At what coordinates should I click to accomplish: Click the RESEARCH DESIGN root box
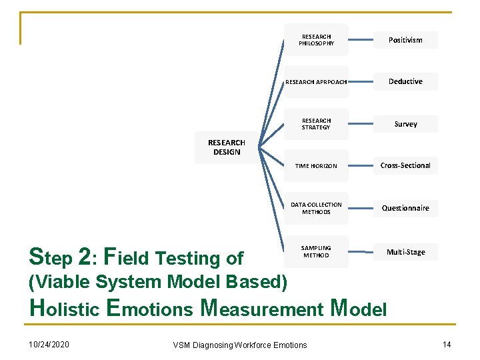tap(227, 147)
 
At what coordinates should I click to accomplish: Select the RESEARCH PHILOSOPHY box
tap(316, 40)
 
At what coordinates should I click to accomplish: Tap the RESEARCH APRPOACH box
tap(316, 82)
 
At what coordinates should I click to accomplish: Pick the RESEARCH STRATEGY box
tap(316, 124)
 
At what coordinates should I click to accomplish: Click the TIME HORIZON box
tap(316, 166)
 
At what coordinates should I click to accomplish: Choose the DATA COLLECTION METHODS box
tap(316, 208)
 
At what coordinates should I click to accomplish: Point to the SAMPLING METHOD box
tap(316, 251)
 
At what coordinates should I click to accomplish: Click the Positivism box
tap(405, 40)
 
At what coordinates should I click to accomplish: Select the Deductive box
tap(405, 81)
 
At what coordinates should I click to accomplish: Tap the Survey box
tap(405, 124)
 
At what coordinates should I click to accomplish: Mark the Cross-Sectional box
tap(405, 165)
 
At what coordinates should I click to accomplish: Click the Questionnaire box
tap(405, 208)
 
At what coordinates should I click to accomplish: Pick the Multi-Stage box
tap(405, 252)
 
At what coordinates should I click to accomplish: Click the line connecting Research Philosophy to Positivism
tap(361, 40)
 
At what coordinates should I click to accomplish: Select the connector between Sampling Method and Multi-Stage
tap(361, 252)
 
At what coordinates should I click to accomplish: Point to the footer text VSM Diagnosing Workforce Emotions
tap(240, 345)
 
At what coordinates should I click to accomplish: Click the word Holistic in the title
tap(64, 308)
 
